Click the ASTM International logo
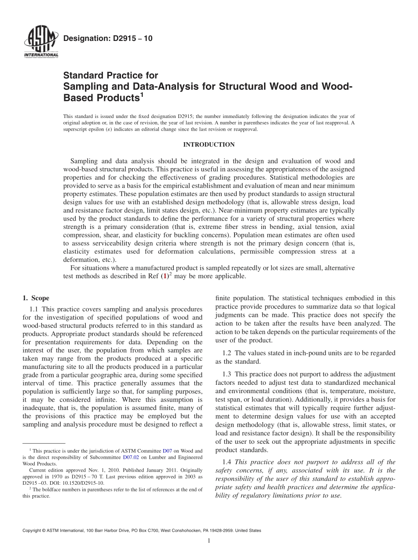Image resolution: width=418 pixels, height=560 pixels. (x=40, y=42)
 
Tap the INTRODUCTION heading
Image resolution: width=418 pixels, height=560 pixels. (x=209, y=145)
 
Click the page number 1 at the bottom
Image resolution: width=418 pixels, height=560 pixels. (x=209, y=541)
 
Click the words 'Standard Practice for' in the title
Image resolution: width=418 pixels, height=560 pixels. (x=110, y=75)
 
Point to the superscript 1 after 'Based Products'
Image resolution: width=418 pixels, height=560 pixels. (x=142, y=94)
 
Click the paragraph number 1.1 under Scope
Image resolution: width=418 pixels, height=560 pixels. (x=35, y=309)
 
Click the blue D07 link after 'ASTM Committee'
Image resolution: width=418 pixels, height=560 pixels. (x=167, y=451)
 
